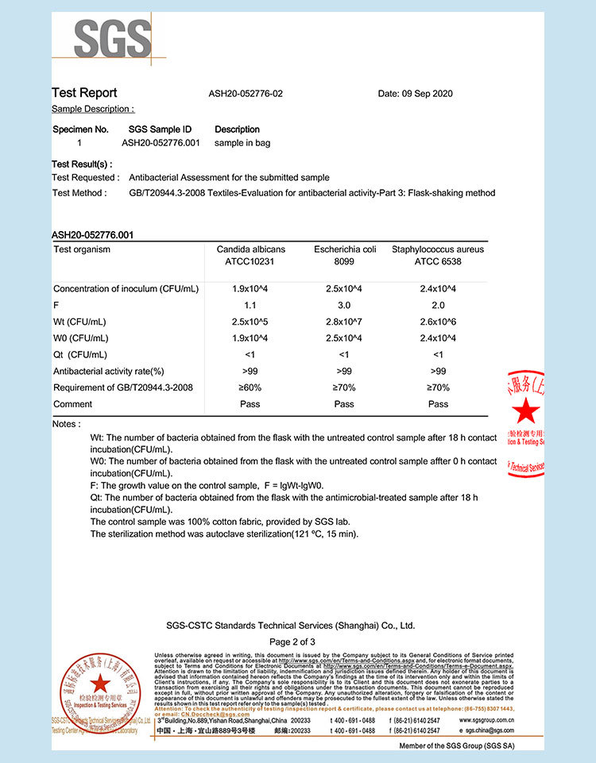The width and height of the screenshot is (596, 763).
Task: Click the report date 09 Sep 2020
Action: (x=415, y=94)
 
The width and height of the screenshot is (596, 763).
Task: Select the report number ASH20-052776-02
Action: (x=246, y=94)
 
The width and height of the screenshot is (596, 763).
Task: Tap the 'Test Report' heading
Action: (x=84, y=93)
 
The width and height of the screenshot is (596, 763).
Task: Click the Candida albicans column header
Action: (x=250, y=255)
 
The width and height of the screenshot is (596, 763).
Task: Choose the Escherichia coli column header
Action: (x=344, y=255)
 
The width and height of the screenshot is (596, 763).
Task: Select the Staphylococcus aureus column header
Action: (x=438, y=255)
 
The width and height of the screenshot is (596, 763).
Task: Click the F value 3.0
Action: (x=344, y=304)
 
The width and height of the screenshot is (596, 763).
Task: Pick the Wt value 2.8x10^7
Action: (x=344, y=322)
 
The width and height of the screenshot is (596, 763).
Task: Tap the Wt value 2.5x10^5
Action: (x=250, y=322)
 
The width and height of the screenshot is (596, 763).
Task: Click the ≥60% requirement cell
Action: (x=250, y=387)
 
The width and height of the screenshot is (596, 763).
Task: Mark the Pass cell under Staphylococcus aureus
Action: (x=438, y=404)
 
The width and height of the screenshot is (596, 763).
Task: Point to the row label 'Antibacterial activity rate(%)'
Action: (x=108, y=371)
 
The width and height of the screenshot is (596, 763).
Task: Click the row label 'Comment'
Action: (x=73, y=404)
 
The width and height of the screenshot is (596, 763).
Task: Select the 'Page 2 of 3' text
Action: (x=292, y=642)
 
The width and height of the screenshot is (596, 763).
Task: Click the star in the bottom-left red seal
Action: (x=99, y=684)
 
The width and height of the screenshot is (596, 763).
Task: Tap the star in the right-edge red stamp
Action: (x=525, y=411)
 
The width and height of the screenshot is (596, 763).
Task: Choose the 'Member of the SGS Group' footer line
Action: (x=456, y=746)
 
